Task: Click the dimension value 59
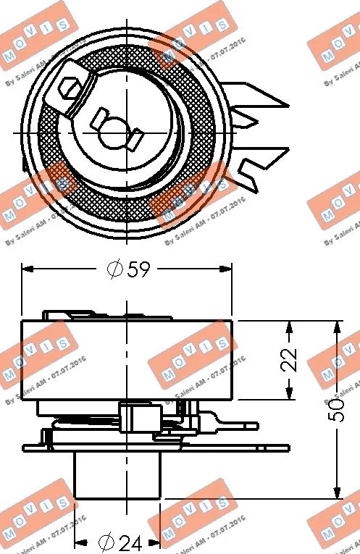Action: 138,270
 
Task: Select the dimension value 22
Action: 290,359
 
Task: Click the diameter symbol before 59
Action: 114,270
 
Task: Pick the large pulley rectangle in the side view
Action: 127,360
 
